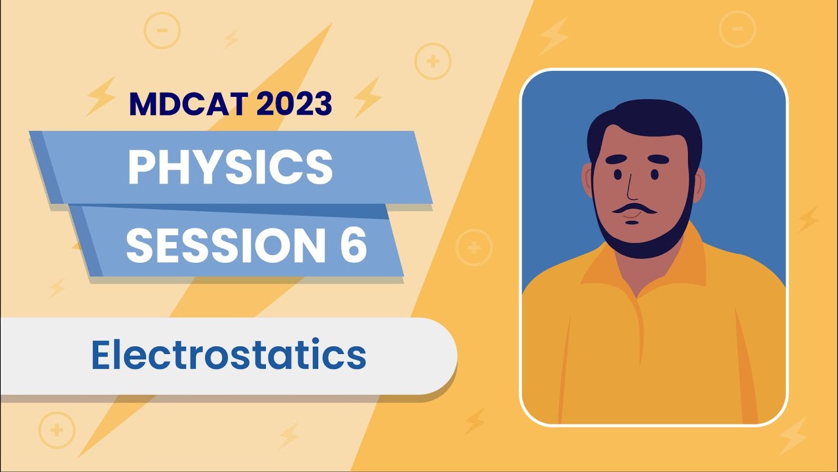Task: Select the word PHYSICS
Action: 230,167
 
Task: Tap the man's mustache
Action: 632,210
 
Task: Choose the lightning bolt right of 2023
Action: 367,96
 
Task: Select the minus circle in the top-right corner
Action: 737,28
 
